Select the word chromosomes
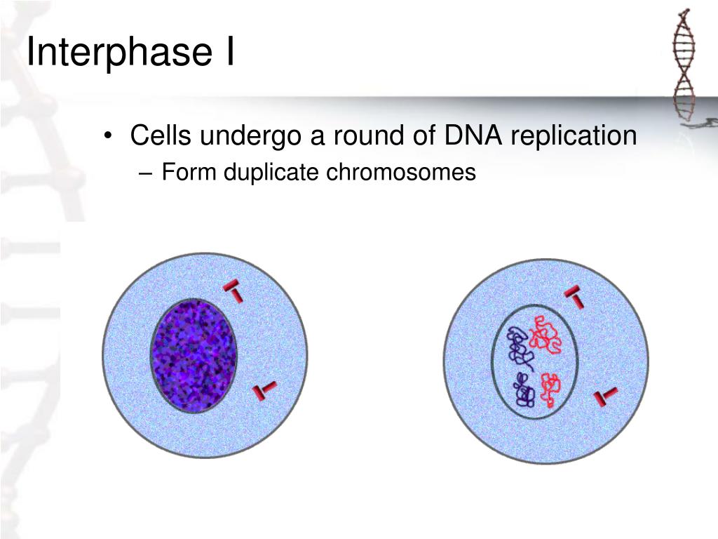[400, 172]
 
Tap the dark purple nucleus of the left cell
[194, 355]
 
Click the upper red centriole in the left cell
[233, 291]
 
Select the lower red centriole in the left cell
[264, 391]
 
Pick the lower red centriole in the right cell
[605, 397]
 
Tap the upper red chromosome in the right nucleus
[545, 333]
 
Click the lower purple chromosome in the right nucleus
[523, 390]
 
